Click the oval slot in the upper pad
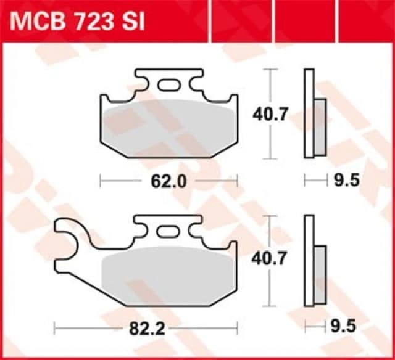click(168, 86)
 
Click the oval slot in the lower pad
click(168, 232)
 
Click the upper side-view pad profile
click(309, 113)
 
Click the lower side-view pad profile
click(309, 259)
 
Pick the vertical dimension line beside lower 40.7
click(269, 290)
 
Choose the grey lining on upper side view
click(320, 127)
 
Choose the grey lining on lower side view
click(320, 272)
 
